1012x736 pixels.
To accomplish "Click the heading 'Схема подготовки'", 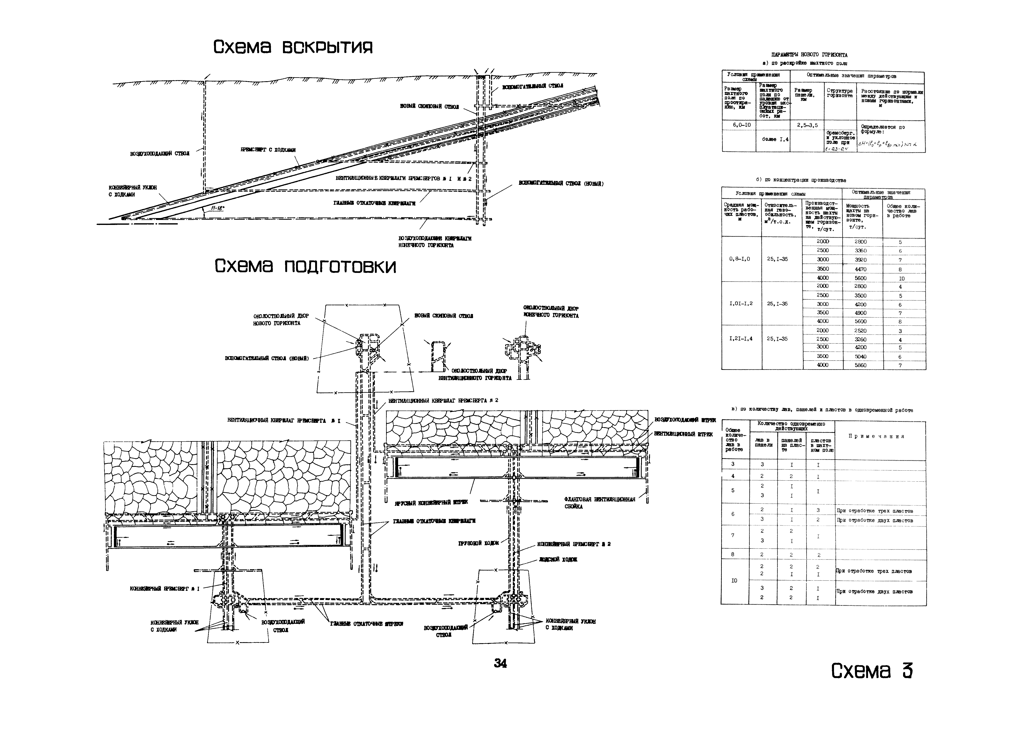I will [305, 267].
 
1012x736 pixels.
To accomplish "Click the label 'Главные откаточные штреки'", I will [367, 624].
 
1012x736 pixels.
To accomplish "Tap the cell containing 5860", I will [860, 365].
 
